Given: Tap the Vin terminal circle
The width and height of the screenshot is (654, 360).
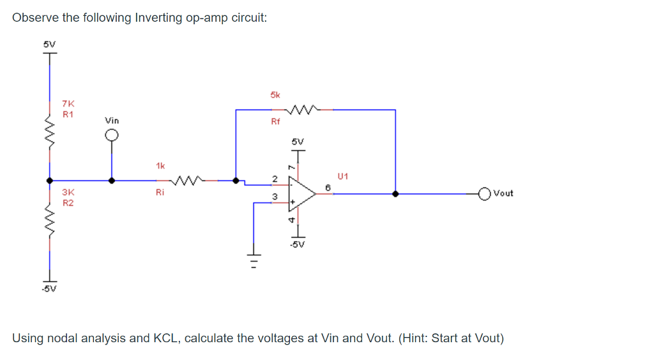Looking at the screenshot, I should pos(112,135).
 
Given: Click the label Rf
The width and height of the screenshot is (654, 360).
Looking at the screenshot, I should pos(275,122).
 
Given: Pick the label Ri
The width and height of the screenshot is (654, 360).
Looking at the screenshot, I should pos(160,191).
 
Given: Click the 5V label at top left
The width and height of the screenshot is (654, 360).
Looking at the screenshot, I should pos(49,44).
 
